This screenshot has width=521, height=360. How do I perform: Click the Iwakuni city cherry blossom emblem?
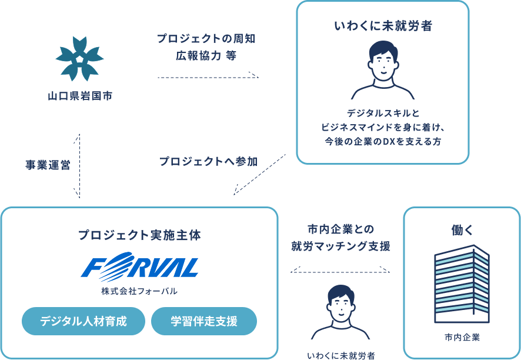click(x=79, y=58)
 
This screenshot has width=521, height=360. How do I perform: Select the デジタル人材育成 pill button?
click(x=83, y=321)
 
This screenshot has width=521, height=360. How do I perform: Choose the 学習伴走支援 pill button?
click(x=204, y=321)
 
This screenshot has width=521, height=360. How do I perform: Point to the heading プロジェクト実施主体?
click(x=139, y=235)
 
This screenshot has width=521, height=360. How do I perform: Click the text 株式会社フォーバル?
click(x=139, y=291)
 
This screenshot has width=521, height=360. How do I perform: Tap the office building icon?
click(x=462, y=284)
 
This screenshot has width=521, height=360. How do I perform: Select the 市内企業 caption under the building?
click(x=462, y=338)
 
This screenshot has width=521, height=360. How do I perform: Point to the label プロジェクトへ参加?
click(x=208, y=161)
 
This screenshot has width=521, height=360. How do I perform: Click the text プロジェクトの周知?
click(x=206, y=39)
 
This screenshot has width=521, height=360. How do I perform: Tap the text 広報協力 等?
click(x=206, y=56)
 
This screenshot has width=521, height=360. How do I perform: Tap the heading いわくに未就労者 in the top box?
click(x=382, y=26)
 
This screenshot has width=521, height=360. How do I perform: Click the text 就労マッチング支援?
click(x=340, y=246)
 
